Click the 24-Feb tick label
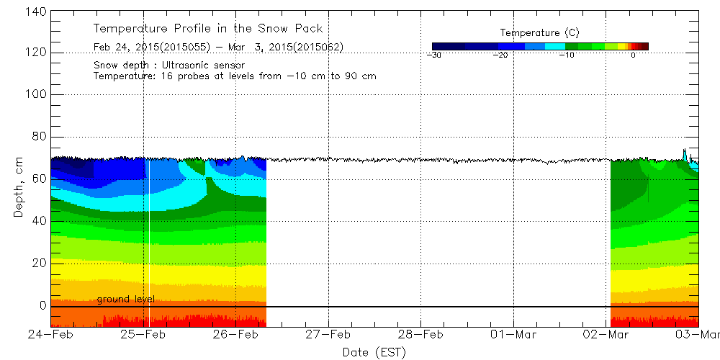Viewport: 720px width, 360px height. [x=51, y=335]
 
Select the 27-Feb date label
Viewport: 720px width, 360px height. [x=328, y=335]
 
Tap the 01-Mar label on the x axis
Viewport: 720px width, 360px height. [x=513, y=335]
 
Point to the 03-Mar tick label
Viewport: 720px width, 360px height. [x=698, y=335]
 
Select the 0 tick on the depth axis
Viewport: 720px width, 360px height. [x=43, y=305]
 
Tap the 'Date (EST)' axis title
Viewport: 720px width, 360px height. [x=374, y=352]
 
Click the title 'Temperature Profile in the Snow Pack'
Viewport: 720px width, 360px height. [x=208, y=29]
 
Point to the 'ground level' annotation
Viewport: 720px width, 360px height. [x=125, y=299]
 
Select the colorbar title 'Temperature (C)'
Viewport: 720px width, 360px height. [x=539, y=33]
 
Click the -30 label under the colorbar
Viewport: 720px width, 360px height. [x=433, y=55]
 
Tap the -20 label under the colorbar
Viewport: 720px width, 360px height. [x=500, y=55]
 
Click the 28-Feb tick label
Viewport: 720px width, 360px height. [x=421, y=335]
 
